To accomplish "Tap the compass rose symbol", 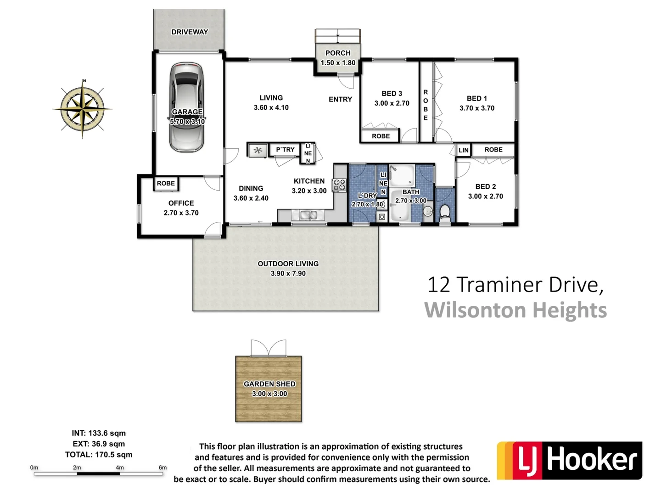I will [x=83, y=109].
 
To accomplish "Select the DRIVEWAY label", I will [x=190, y=32].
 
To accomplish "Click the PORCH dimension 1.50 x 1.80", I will [x=338, y=63].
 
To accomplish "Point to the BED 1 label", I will [x=476, y=98].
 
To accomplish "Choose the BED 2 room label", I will [x=485, y=186].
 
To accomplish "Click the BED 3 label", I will [x=392, y=93].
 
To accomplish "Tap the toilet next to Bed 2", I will [x=444, y=212].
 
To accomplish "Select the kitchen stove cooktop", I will [x=340, y=185].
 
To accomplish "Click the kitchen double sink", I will [x=308, y=215].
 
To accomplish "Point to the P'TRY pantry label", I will [x=285, y=150].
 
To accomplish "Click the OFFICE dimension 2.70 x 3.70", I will [x=181, y=213].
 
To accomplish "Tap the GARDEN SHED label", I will [x=269, y=384].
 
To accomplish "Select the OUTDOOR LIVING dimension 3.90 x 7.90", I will [x=288, y=273].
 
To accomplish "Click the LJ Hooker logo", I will [x=569, y=461].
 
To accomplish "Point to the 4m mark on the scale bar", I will [x=119, y=468].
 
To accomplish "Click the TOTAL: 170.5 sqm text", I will [x=99, y=455].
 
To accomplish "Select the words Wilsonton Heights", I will [x=515, y=310].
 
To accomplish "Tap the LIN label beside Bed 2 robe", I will [x=463, y=150].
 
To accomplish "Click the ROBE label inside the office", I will [x=166, y=183].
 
